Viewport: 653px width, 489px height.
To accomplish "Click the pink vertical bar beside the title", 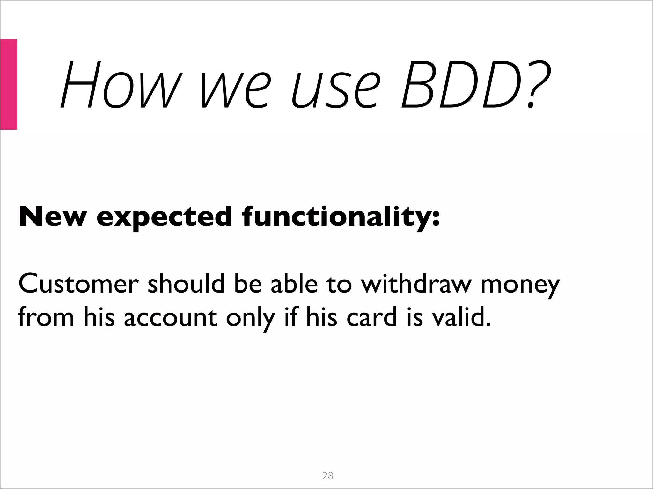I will [x=9, y=84].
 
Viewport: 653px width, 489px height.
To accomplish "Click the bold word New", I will [x=53, y=216].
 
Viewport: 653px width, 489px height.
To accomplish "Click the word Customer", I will [x=78, y=283].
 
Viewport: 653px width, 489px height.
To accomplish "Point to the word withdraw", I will [x=416, y=283].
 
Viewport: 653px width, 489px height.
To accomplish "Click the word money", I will [x=520, y=285].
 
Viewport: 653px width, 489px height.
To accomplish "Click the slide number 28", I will [x=328, y=476].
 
